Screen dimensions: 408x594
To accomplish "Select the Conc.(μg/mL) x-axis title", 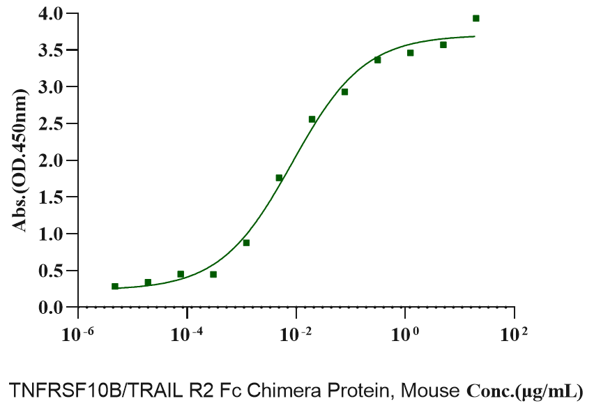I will [524, 391].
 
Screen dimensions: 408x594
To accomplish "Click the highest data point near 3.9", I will [475, 18].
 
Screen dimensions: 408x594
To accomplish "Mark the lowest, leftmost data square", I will [115, 286].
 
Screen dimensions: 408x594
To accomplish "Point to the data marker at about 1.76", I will [279, 178].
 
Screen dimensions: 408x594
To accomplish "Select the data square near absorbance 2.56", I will [312, 119].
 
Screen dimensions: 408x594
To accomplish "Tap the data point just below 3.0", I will [344, 92].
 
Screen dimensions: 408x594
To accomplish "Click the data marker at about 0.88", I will [246, 243].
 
